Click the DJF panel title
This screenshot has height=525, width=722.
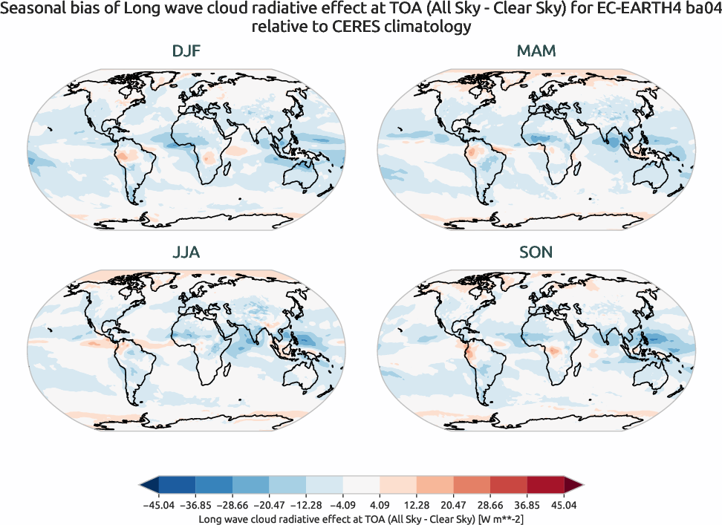[186, 51]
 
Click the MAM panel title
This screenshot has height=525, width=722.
[536, 51]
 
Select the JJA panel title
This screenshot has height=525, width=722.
[186, 252]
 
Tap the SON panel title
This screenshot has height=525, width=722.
[536, 252]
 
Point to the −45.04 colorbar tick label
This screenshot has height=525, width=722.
[157, 505]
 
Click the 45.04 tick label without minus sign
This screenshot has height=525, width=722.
[565, 505]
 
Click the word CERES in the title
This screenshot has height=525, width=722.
[335, 27]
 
